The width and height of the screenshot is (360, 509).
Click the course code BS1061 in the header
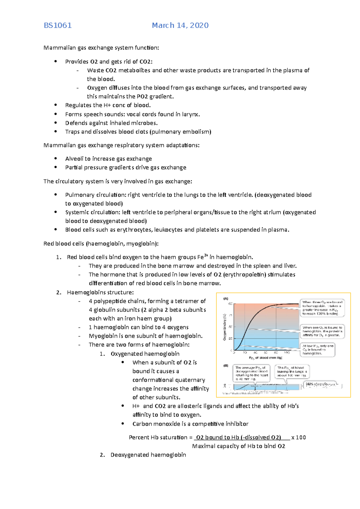(58, 25)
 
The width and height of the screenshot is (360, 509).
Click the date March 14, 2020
(180, 25)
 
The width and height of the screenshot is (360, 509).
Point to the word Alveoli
(74, 159)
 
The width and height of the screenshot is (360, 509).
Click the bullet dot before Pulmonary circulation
(55, 195)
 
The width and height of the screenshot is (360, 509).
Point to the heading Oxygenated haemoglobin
(145, 354)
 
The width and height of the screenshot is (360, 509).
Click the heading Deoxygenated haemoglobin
(148, 455)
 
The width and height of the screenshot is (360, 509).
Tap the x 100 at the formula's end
(298, 437)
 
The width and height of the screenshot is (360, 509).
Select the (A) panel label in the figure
(226, 299)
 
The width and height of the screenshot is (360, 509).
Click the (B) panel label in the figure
(226, 366)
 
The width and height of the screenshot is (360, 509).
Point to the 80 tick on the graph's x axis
(276, 353)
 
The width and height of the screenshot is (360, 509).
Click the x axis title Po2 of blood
(265, 358)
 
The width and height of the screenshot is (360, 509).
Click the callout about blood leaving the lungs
(292, 372)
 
